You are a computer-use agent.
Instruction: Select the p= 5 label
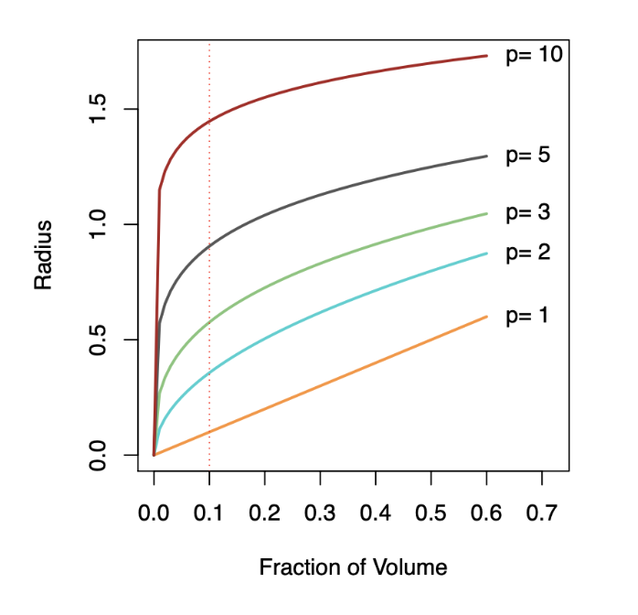click(x=527, y=156)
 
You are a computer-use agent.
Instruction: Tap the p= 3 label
click(x=527, y=213)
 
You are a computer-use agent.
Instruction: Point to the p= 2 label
click(x=527, y=253)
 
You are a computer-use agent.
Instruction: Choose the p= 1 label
click(x=527, y=316)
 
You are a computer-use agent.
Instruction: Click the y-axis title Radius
click(x=43, y=254)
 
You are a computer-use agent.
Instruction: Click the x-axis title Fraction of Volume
click(x=353, y=567)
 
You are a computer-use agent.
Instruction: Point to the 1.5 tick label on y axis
click(x=101, y=110)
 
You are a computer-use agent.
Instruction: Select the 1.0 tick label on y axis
click(x=101, y=224)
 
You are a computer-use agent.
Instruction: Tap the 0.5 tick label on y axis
click(x=101, y=340)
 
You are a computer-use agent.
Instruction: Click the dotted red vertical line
click(x=209, y=275)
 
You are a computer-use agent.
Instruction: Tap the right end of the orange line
click(x=486, y=317)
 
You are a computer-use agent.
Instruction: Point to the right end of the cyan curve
click(x=486, y=254)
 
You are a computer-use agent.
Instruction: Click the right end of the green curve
click(x=486, y=213)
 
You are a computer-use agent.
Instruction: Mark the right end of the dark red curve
click(x=486, y=56)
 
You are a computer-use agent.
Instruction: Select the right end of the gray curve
click(x=486, y=156)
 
